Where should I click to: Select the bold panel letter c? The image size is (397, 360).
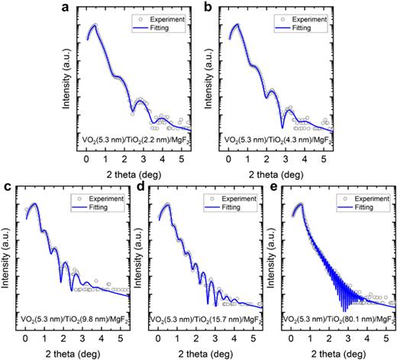6,188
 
